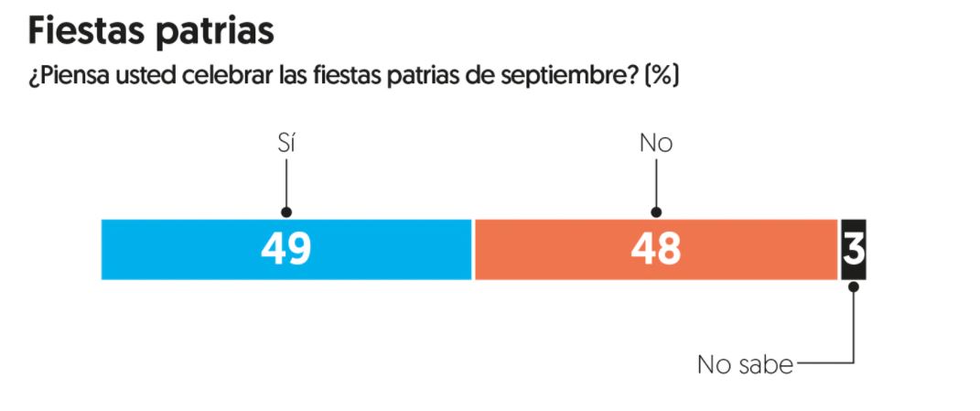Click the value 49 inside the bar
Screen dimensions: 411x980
[x=285, y=250]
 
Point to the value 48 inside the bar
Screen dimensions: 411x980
[x=655, y=250]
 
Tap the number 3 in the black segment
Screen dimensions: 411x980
[x=853, y=249]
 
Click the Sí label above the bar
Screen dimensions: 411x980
[x=286, y=144]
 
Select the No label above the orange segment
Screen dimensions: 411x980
[x=655, y=144]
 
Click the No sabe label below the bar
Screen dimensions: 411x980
[x=745, y=364]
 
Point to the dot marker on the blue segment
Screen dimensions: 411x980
[x=286, y=212]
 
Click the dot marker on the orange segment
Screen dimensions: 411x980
[x=656, y=212]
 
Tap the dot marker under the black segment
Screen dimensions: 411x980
[x=854, y=286]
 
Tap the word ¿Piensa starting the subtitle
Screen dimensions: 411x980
[x=63, y=75]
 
